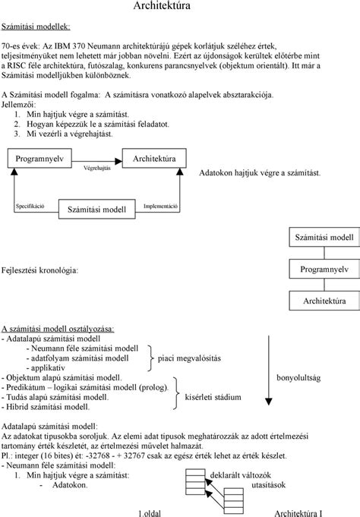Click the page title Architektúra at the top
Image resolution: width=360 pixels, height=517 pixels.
point(162,5)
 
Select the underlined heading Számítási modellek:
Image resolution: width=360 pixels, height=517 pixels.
point(36,27)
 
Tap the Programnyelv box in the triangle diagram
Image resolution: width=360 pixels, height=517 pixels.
point(39,158)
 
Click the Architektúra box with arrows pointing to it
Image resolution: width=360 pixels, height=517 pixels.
point(154,158)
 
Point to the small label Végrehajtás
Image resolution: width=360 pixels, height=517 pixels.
point(97,168)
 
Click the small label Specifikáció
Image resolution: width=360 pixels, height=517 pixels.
point(30,206)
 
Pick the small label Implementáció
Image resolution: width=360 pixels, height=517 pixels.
point(161,206)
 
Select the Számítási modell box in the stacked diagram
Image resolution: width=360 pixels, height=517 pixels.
point(324,237)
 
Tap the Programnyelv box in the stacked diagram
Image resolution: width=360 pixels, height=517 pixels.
point(324,269)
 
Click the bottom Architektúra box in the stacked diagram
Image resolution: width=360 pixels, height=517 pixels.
point(324,301)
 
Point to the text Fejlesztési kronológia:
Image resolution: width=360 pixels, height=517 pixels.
point(40,270)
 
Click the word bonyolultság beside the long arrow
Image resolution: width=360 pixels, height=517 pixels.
point(298,378)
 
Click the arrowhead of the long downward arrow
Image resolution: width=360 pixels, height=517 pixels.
point(269,402)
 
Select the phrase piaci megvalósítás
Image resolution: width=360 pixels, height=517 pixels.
point(189,358)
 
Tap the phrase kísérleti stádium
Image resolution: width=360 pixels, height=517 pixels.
point(213,397)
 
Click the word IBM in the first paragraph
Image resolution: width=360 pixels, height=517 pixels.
point(62,46)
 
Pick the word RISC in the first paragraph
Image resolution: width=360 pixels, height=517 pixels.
point(16,65)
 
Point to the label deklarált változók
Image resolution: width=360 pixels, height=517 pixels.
point(241,475)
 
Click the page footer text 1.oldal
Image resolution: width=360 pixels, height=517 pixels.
point(150,513)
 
